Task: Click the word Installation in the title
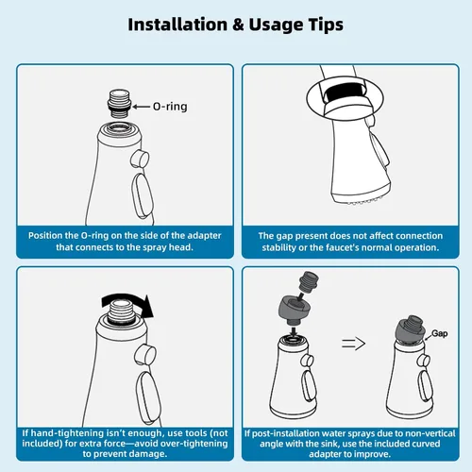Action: point(177,25)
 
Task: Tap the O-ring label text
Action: point(170,107)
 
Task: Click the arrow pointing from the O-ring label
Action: point(141,107)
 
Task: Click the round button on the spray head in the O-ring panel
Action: point(140,159)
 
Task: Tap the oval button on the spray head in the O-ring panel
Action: point(143,195)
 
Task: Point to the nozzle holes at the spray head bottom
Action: point(366,200)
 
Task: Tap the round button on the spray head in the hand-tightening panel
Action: point(145,354)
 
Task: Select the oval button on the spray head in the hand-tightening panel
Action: point(148,396)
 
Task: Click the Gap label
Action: point(439,333)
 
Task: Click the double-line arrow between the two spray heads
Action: point(353,344)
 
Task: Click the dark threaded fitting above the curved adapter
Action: point(309,282)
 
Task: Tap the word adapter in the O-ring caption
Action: point(205,236)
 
